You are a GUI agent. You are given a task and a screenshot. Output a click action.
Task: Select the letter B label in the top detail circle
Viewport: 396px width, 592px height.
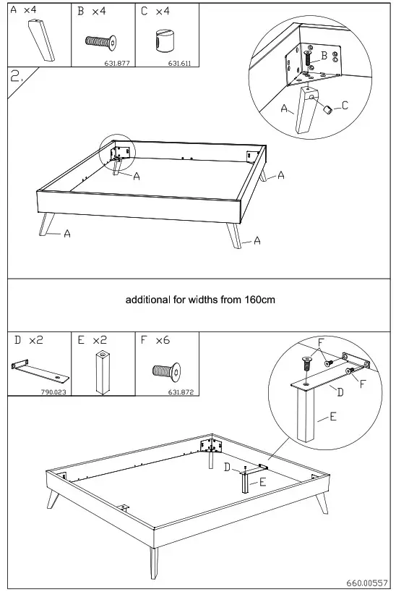(x=324, y=56)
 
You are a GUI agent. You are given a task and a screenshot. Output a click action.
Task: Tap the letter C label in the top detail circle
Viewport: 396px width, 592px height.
(x=345, y=106)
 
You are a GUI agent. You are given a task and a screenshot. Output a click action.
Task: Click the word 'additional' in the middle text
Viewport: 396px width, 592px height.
(x=149, y=300)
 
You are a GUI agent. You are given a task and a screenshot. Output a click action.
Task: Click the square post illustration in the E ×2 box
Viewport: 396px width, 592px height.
(x=103, y=372)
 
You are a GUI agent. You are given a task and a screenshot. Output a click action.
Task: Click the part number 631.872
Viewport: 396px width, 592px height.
(x=181, y=392)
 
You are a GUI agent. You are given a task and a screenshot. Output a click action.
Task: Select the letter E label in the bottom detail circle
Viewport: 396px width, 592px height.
(x=333, y=416)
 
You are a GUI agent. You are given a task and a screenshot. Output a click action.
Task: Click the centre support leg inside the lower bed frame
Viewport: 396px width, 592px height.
(x=246, y=482)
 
